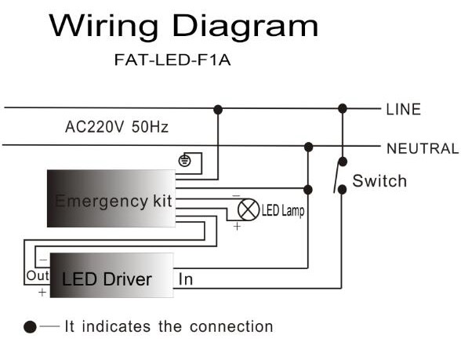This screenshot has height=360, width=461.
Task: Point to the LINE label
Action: click(403, 110)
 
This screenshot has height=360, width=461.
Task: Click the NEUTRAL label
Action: click(422, 148)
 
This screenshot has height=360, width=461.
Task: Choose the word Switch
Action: click(379, 181)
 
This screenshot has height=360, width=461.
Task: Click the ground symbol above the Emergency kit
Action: click(184, 161)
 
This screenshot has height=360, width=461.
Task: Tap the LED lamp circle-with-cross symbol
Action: click(249, 209)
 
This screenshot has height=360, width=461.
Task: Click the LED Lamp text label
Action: click(282, 212)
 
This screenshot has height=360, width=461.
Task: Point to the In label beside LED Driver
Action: click(186, 279)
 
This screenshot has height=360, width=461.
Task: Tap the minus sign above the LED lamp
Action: click(237, 196)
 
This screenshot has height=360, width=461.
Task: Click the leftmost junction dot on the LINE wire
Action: click(218, 109)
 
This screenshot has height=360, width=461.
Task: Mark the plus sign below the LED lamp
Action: click(237, 226)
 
